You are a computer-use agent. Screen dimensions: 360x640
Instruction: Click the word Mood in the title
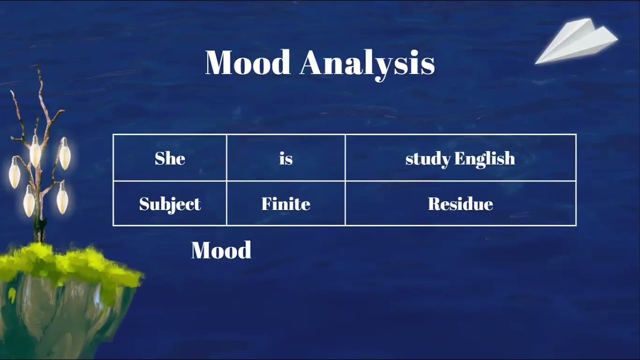point(247,62)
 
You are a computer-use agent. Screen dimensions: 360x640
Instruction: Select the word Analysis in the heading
point(367,63)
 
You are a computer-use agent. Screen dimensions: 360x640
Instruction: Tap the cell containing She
point(170,158)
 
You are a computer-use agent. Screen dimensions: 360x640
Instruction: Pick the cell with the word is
point(285,158)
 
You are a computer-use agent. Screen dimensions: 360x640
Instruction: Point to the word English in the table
point(484,159)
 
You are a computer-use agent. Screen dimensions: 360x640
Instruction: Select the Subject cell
point(170,204)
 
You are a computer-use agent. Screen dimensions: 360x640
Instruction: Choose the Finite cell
point(285,204)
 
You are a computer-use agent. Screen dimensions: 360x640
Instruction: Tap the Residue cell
point(460,204)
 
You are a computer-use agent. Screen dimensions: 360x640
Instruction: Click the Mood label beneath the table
point(221,250)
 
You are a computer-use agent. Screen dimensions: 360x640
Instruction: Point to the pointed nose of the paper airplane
point(536,62)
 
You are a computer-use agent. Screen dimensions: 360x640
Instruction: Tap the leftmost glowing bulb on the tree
point(14,172)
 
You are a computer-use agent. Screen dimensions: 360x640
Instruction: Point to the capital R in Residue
point(433,204)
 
